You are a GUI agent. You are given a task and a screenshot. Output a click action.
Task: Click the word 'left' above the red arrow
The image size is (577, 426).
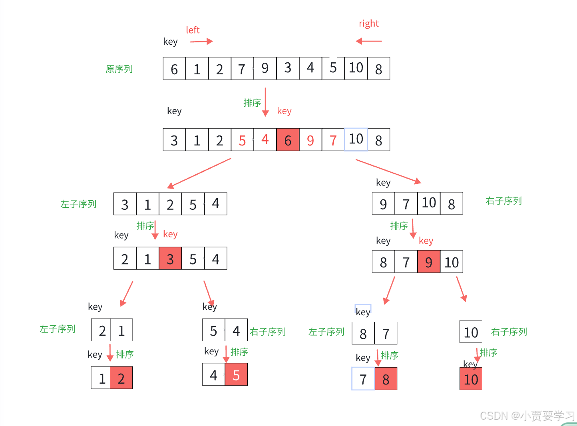[193, 30]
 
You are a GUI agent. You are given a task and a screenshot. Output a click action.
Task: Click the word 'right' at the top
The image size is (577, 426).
[368, 24]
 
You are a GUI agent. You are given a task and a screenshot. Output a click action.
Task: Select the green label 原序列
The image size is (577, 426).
[119, 69]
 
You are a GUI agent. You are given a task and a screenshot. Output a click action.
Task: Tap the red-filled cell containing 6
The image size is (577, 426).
[288, 140]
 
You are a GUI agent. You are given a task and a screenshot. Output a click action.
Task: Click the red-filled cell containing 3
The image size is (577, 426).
[170, 259]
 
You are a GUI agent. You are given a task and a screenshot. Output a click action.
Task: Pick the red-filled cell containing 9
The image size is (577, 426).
[429, 262]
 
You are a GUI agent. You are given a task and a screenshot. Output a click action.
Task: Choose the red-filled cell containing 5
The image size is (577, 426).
[236, 374]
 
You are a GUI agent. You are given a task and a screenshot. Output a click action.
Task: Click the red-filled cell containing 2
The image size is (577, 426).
[121, 378]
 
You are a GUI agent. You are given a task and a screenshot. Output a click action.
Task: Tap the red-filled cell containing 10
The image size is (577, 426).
[471, 379]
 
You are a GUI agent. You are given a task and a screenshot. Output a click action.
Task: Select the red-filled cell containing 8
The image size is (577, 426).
[386, 379]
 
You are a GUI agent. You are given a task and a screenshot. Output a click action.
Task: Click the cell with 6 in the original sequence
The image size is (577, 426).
[174, 69]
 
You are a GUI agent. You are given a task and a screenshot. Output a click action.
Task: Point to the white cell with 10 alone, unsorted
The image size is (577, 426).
[471, 332]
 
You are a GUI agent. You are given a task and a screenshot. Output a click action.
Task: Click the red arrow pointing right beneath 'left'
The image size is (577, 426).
[201, 41]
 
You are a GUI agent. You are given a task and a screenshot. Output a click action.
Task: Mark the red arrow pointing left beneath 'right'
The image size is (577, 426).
[369, 41]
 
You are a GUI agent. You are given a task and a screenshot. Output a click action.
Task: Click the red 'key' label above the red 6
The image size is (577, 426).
[284, 111]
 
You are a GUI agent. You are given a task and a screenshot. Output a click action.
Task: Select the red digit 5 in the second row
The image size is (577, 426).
[242, 140]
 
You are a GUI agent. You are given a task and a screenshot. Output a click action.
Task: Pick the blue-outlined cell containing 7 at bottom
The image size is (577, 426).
[363, 379]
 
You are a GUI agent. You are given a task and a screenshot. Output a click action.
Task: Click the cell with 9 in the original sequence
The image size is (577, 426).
[265, 68]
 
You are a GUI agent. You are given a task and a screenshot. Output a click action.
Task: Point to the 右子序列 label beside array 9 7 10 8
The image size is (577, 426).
[504, 201]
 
